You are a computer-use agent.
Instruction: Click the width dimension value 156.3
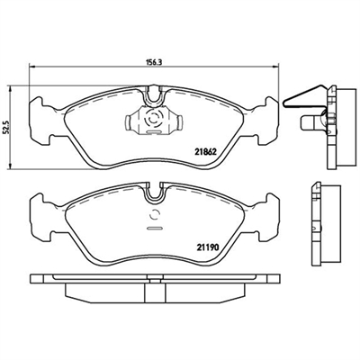pos(154,62)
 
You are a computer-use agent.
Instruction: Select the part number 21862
pos(206,152)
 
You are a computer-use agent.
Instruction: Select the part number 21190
pos(207,247)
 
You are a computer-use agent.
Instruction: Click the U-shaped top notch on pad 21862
pos(155,102)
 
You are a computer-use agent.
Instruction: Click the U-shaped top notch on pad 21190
pos(155,196)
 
